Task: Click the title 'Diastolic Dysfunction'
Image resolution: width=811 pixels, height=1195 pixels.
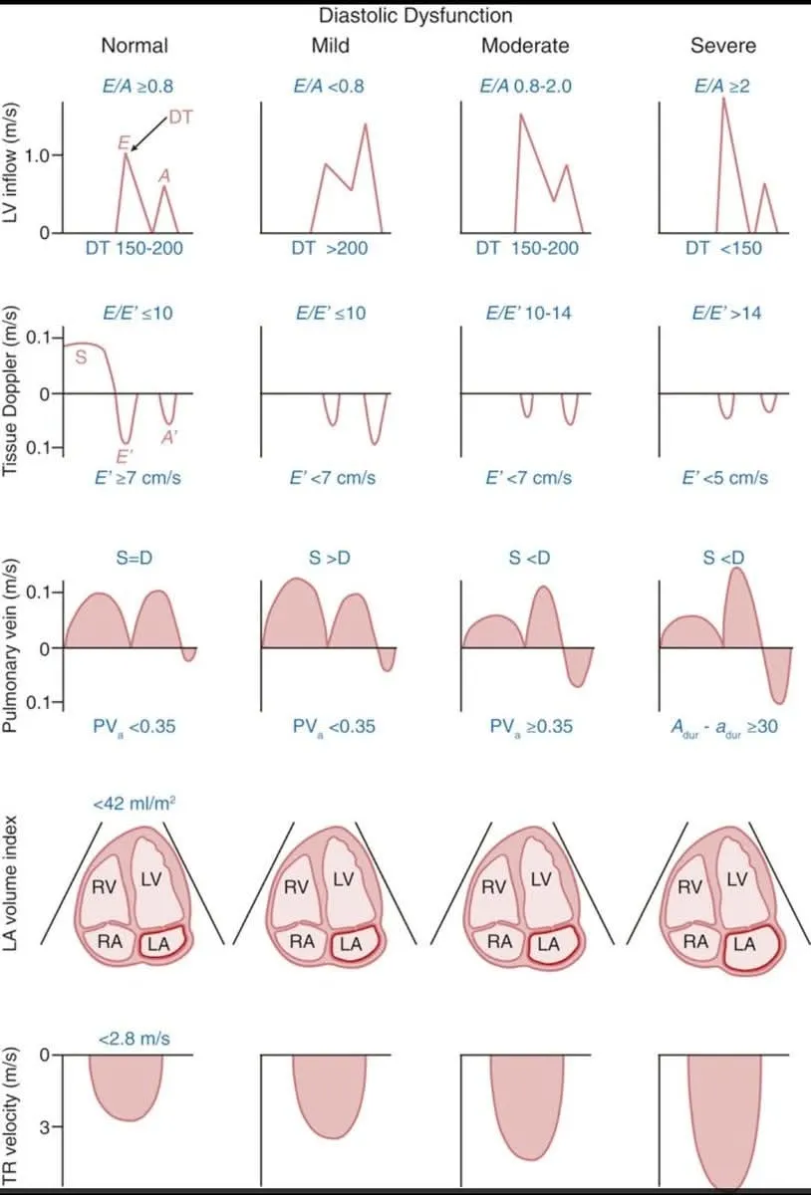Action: tap(415, 16)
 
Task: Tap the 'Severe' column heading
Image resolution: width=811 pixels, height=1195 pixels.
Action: tap(724, 46)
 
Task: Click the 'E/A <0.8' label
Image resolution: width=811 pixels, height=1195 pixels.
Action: tap(330, 86)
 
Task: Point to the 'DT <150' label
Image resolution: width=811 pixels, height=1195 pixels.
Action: tap(724, 248)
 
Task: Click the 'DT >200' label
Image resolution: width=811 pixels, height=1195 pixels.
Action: tap(330, 248)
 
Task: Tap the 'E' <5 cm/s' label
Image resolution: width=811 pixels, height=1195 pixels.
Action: tap(724, 477)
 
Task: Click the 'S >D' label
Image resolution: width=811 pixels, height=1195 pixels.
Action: tap(330, 557)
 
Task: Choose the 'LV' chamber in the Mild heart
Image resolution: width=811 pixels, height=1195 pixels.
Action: tap(344, 878)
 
